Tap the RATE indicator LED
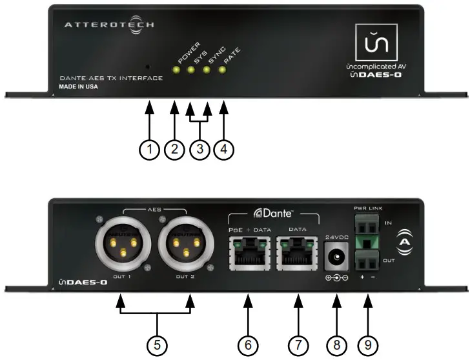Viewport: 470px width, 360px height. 222,69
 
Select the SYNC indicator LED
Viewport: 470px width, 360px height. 206,69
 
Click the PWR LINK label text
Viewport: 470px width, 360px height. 369,208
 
